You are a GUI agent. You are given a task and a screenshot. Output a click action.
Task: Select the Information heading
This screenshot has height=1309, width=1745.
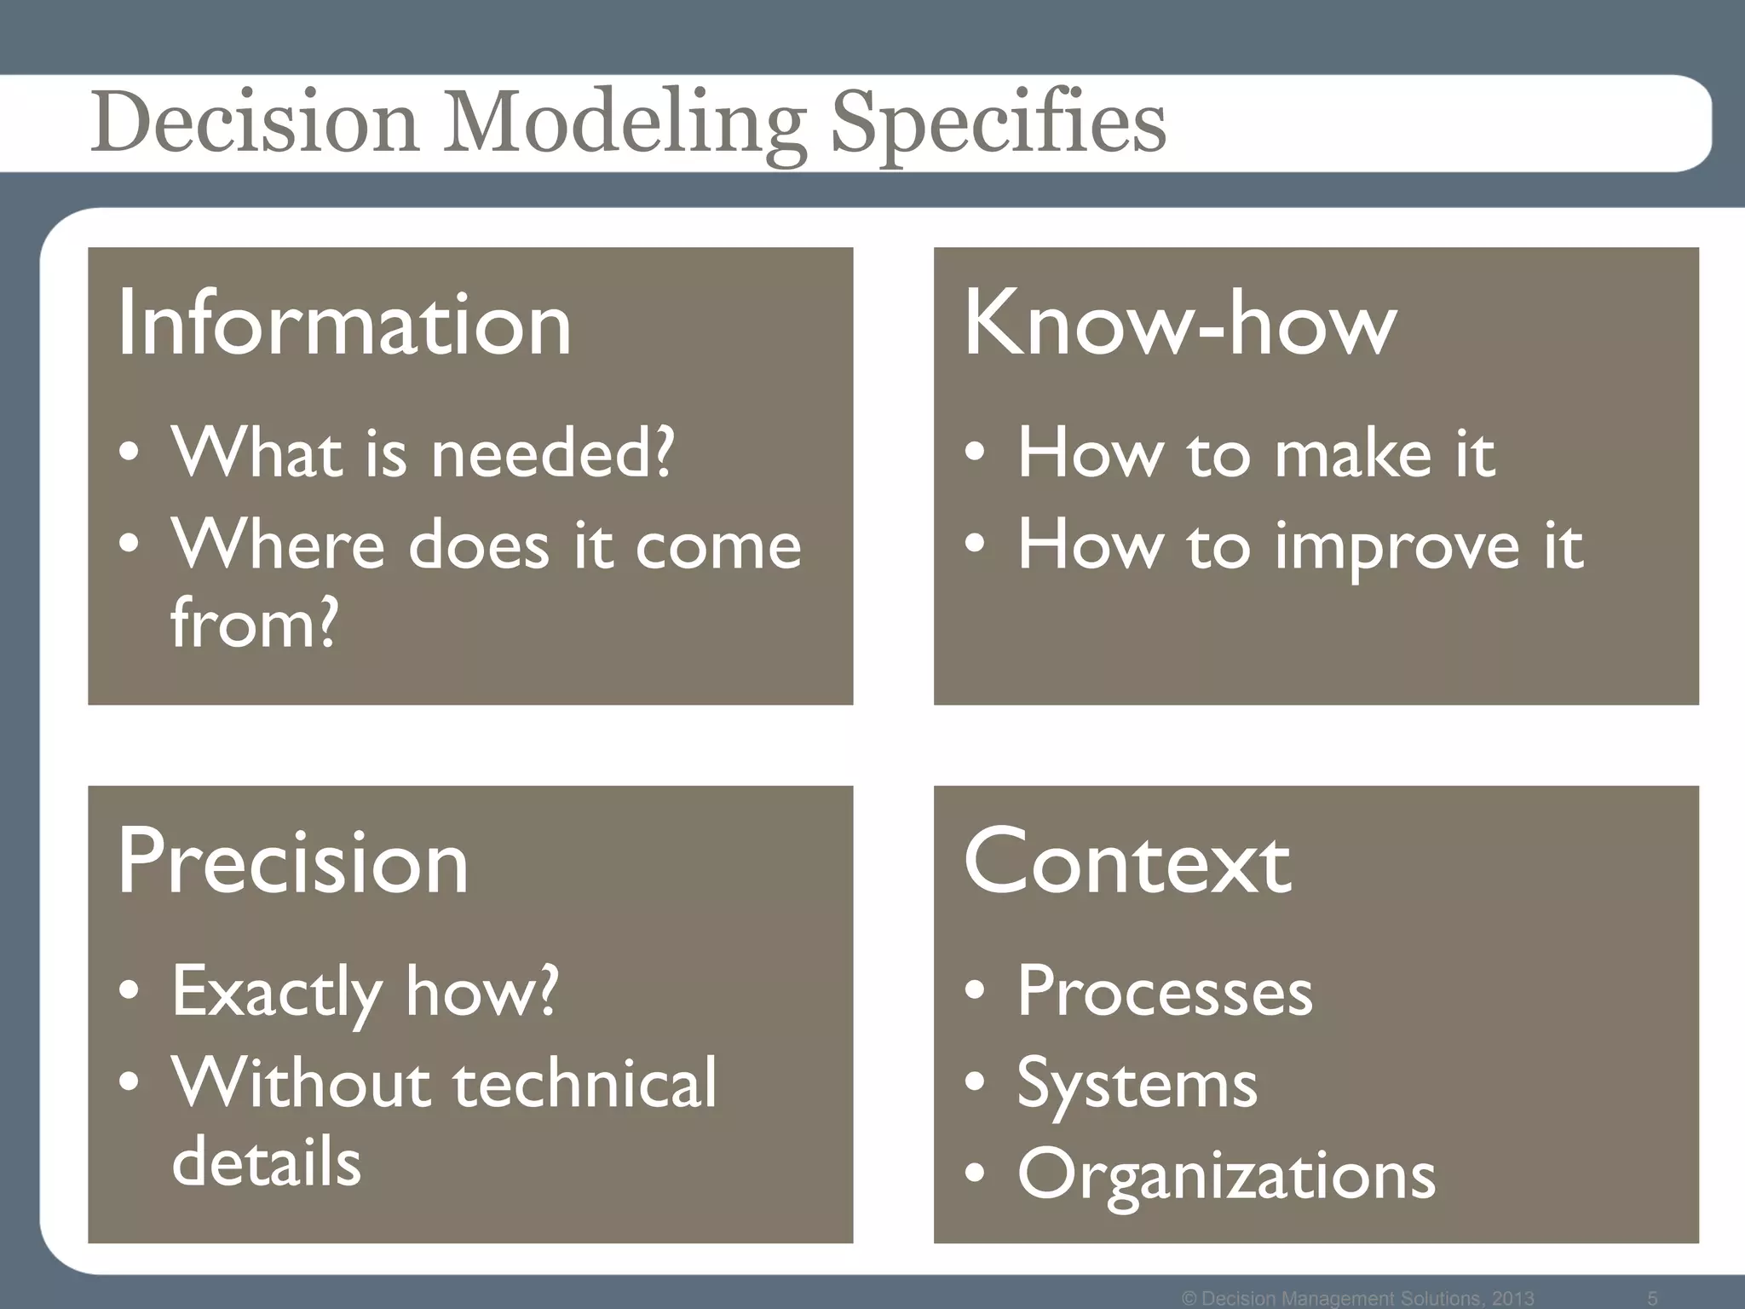tap(344, 324)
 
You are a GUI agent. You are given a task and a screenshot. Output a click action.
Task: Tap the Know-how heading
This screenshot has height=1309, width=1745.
tap(1180, 324)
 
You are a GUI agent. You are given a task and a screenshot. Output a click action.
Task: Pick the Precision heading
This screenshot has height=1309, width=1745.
tap(293, 862)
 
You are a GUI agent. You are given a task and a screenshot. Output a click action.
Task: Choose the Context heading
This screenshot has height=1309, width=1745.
tap(1127, 862)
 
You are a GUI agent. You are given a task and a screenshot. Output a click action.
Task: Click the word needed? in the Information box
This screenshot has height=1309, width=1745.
tap(552, 453)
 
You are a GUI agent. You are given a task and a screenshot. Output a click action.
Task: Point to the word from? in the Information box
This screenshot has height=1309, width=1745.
tap(255, 623)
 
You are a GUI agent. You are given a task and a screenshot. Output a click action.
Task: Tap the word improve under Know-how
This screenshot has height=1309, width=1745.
tap(1397, 545)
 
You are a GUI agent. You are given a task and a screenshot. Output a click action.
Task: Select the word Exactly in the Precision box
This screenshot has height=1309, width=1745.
tap(276, 992)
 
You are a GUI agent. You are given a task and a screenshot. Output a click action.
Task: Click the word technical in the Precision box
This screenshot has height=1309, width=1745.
tap(585, 1084)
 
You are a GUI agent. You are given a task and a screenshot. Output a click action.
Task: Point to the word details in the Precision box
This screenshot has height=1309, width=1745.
tap(267, 1162)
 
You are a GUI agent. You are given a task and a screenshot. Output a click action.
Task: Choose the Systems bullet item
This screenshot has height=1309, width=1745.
tap(1137, 1084)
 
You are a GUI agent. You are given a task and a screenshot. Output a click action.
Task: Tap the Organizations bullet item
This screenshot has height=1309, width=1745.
tap(1226, 1175)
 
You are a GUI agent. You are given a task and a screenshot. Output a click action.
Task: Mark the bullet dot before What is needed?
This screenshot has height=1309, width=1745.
tap(130, 453)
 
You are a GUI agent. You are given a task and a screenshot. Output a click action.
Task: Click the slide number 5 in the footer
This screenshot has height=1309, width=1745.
tap(1652, 1298)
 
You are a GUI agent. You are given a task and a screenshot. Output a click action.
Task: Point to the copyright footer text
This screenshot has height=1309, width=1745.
tap(1358, 1298)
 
